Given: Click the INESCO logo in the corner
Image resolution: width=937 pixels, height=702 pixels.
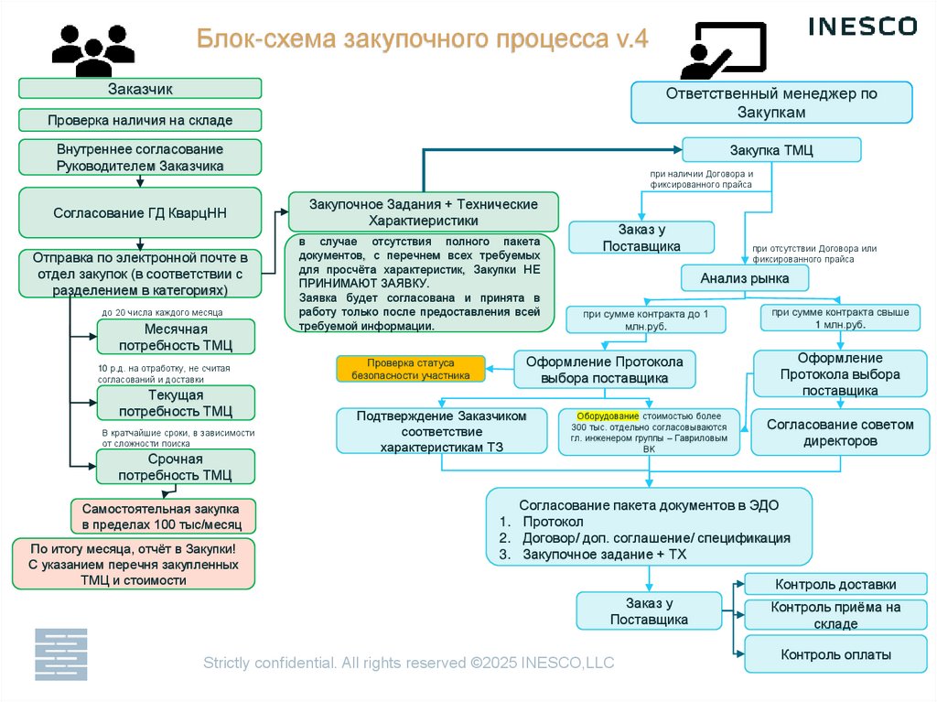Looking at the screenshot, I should pos(862,26).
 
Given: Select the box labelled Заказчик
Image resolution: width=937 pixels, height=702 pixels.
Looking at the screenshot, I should pos(140,89).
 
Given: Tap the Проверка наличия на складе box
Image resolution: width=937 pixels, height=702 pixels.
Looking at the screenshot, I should pos(140,120).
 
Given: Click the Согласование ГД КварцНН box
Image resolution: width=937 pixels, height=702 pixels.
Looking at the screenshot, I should pos(140,212).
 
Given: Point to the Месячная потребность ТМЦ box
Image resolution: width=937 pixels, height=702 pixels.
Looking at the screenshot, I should pos(176,337).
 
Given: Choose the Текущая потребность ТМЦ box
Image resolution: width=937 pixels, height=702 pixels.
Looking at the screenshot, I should pos(176,403).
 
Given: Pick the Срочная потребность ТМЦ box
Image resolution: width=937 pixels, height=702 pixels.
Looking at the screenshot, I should pos(176,467).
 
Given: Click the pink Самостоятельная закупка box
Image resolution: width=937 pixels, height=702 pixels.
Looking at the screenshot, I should pos(163,516).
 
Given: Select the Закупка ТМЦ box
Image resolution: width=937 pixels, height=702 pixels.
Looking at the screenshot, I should pos(771,150).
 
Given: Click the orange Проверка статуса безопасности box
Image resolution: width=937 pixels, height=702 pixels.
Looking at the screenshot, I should pos(410,369).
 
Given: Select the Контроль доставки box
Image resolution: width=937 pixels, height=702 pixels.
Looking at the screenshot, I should pos(835,584).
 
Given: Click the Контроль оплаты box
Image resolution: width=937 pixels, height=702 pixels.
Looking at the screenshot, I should pos(835,654).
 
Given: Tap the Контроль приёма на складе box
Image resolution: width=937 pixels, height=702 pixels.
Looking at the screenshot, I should pos(835,615).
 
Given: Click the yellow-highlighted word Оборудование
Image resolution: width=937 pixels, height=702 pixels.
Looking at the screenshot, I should pos(607,416).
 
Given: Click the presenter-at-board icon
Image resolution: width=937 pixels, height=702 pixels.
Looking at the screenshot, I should pos(722,51).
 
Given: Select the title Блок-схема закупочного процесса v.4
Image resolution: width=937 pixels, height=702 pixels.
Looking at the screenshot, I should pos(423,40).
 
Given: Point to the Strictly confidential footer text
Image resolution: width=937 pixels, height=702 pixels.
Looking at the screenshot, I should pos(408,663).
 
